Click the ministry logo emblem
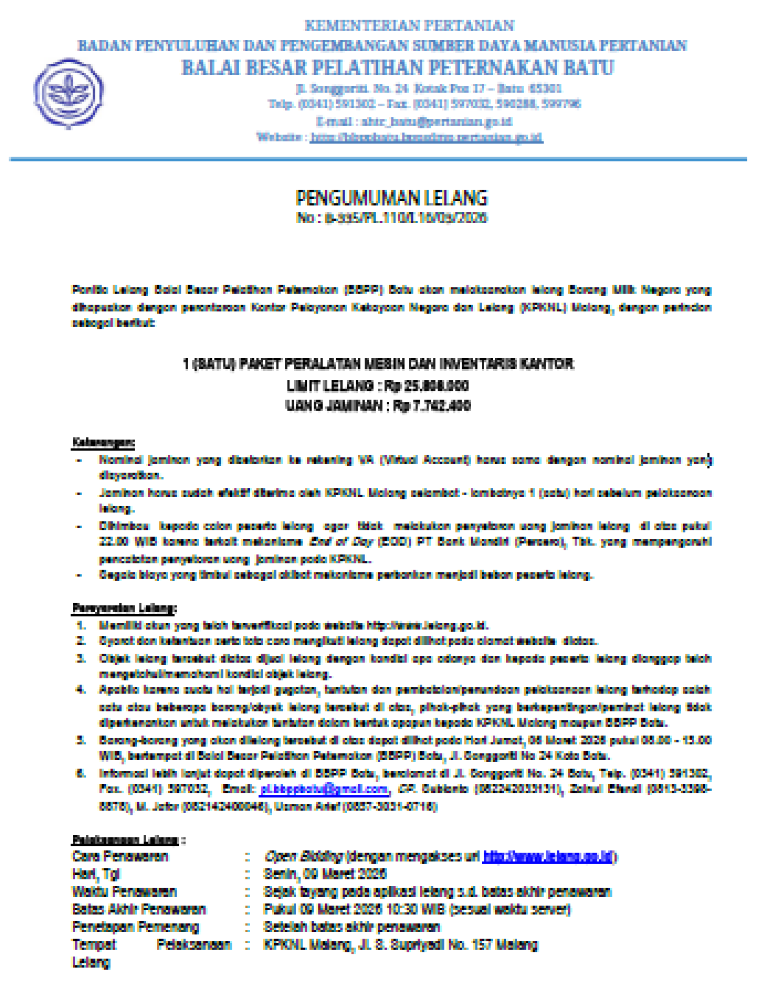(69, 93)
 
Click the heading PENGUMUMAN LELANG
(391, 198)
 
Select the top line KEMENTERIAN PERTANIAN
(409, 25)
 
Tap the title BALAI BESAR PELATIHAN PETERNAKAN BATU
(397, 68)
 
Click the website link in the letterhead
(426, 137)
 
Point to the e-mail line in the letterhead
(414, 121)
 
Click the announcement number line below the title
(391, 218)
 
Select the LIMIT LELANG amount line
(378, 385)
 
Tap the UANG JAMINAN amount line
(378, 406)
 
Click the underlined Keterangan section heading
(103, 442)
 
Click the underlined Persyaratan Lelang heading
(124, 608)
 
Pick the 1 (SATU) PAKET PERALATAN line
(378, 364)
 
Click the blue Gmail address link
(324, 789)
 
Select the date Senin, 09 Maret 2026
(325, 874)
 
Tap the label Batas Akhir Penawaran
(139, 909)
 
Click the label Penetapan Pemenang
(135, 927)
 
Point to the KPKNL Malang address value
(400, 945)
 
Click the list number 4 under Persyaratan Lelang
(81, 690)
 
